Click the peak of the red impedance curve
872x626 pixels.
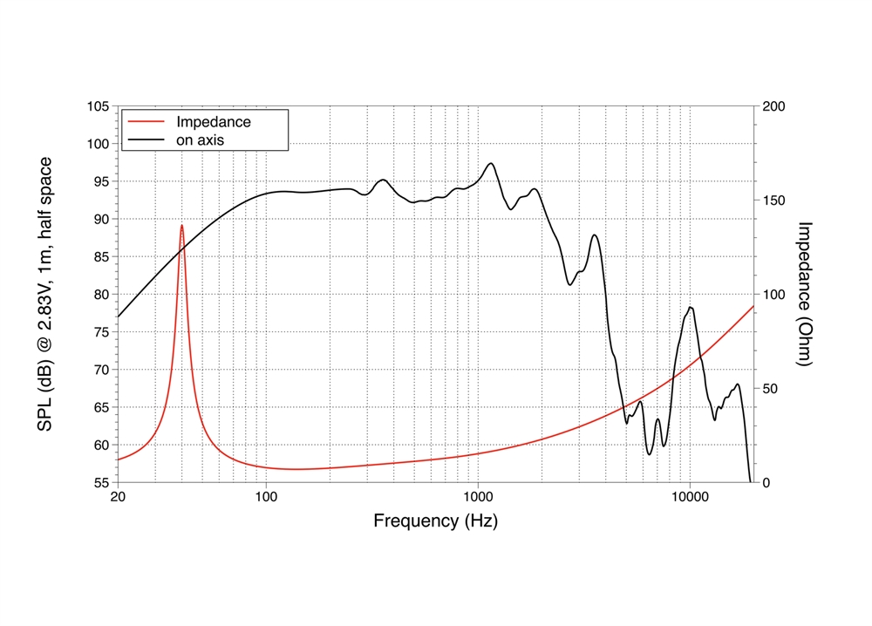(x=181, y=225)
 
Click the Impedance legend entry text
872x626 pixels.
(x=214, y=122)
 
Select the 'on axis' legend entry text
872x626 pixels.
(x=201, y=139)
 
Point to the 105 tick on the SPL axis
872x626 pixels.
(x=98, y=106)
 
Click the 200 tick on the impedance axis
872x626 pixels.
(x=773, y=106)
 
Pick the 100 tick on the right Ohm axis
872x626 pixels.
(x=773, y=295)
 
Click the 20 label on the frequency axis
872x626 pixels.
(x=117, y=498)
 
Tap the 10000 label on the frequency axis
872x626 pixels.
(x=689, y=498)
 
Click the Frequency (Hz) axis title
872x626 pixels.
(x=436, y=521)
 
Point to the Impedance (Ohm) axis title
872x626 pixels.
(x=805, y=294)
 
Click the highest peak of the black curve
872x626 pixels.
(x=491, y=163)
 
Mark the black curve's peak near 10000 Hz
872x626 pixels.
(x=690, y=307)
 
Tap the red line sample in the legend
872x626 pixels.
(x=146, y=122)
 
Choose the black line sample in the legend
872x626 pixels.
(x=146, y=139)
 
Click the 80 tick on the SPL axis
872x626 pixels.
(x=101, y=295)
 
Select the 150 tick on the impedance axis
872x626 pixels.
(x=773, y=201)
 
